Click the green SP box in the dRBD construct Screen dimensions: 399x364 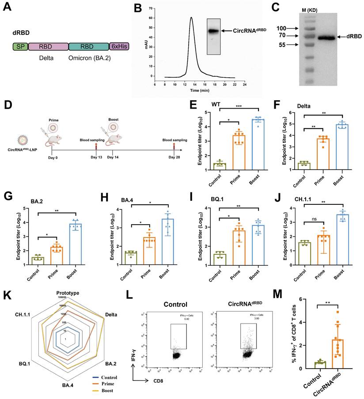pyautogui.click(x=19, y=46)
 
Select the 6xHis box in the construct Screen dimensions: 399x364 pyautogui.click(x=119, y=46)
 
